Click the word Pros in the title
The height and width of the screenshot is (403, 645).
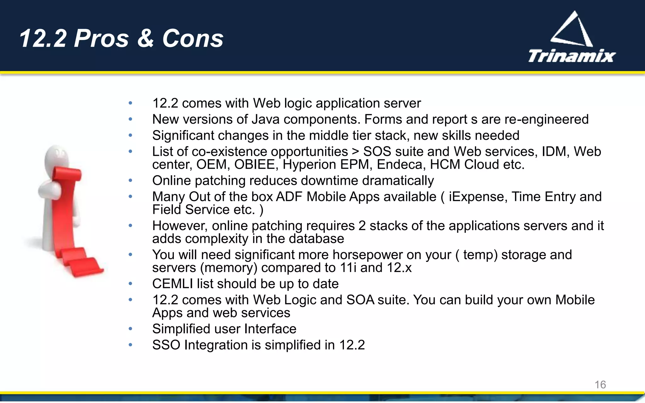tap(101, 39)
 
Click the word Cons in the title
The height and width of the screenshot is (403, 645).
tap(193, 39)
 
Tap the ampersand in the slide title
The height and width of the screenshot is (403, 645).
tap(146, 39)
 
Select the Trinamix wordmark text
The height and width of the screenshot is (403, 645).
tap(572, 56)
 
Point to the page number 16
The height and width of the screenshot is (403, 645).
tap(600, 384)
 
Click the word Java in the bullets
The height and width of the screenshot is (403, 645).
tap(265, 119)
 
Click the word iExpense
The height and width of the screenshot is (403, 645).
tap(478, 197)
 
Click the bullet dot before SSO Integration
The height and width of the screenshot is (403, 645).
tap(130, 345)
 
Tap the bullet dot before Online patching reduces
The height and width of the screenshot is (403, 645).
tap(130, 180)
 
